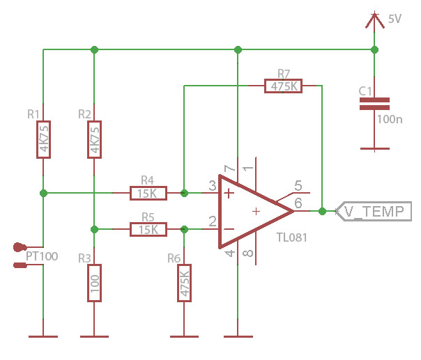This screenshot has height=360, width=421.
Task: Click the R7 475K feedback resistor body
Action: [284, 86]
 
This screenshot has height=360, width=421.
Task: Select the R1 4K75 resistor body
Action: [43, 139]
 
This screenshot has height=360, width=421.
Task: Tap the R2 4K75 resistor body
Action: [93, 139]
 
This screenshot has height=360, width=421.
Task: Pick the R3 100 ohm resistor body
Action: [93, 283]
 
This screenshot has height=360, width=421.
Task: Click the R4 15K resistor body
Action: [148, 192]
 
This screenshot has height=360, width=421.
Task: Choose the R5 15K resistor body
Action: [148, 229]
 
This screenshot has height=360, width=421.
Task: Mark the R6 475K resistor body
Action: [184, 283]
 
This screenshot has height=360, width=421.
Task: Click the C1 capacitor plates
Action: [374, 104]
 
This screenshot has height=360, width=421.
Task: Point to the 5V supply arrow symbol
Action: [374, 20]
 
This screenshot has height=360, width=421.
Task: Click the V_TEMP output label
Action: [374, 212]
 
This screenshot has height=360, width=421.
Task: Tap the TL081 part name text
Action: [291, 238]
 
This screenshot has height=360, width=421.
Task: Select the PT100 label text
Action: [41, 257]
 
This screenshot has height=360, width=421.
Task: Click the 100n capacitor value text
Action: [389, 119]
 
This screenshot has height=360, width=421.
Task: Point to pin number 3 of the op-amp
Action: [212, 185]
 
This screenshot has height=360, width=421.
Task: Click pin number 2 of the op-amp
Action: [212, 221]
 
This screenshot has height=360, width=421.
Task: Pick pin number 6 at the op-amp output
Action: [298, 203]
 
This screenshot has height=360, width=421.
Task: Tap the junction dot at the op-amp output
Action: [322, 210]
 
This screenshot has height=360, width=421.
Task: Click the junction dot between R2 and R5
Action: [93, 229]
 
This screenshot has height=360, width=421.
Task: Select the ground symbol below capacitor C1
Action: [374, 148]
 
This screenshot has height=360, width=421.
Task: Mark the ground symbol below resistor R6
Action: [184, 337]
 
